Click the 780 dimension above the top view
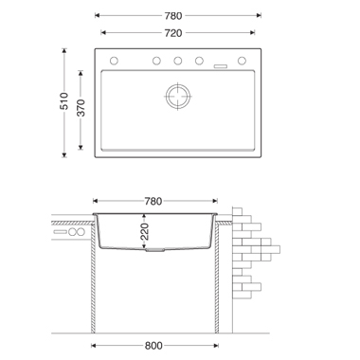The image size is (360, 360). (x=173, y=15)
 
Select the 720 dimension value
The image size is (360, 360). (x=173, y=33)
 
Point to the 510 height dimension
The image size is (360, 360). (x=64, y=101)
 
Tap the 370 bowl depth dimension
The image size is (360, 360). (x=81, y=108)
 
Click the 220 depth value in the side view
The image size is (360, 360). (x=144, y=231)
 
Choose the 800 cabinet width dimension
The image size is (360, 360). (x=153, y=346)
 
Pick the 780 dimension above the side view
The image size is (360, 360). (x=153, y=201)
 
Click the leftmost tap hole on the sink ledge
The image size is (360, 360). (x=114, y=61)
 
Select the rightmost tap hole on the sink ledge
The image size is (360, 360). (x=242, y=61)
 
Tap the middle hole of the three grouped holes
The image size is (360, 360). (x=178, y=61)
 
